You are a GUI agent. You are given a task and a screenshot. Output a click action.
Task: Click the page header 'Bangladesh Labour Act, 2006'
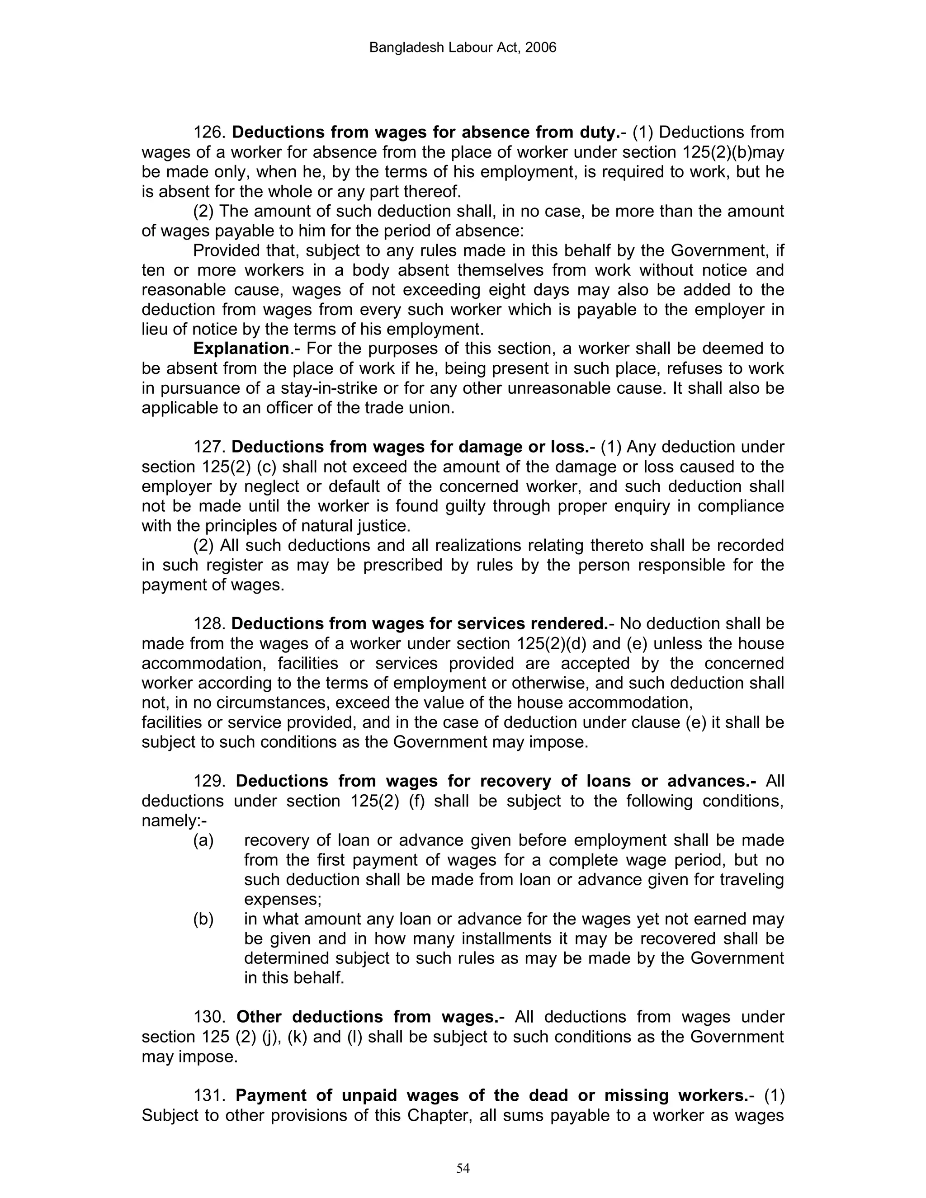pos(463,48)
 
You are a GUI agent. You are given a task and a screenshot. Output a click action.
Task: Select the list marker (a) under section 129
pos(203,840)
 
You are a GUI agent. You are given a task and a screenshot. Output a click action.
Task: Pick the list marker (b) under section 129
pos(203,919)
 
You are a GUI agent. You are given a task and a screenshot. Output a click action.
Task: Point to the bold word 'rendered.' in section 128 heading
pos(570,624)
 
